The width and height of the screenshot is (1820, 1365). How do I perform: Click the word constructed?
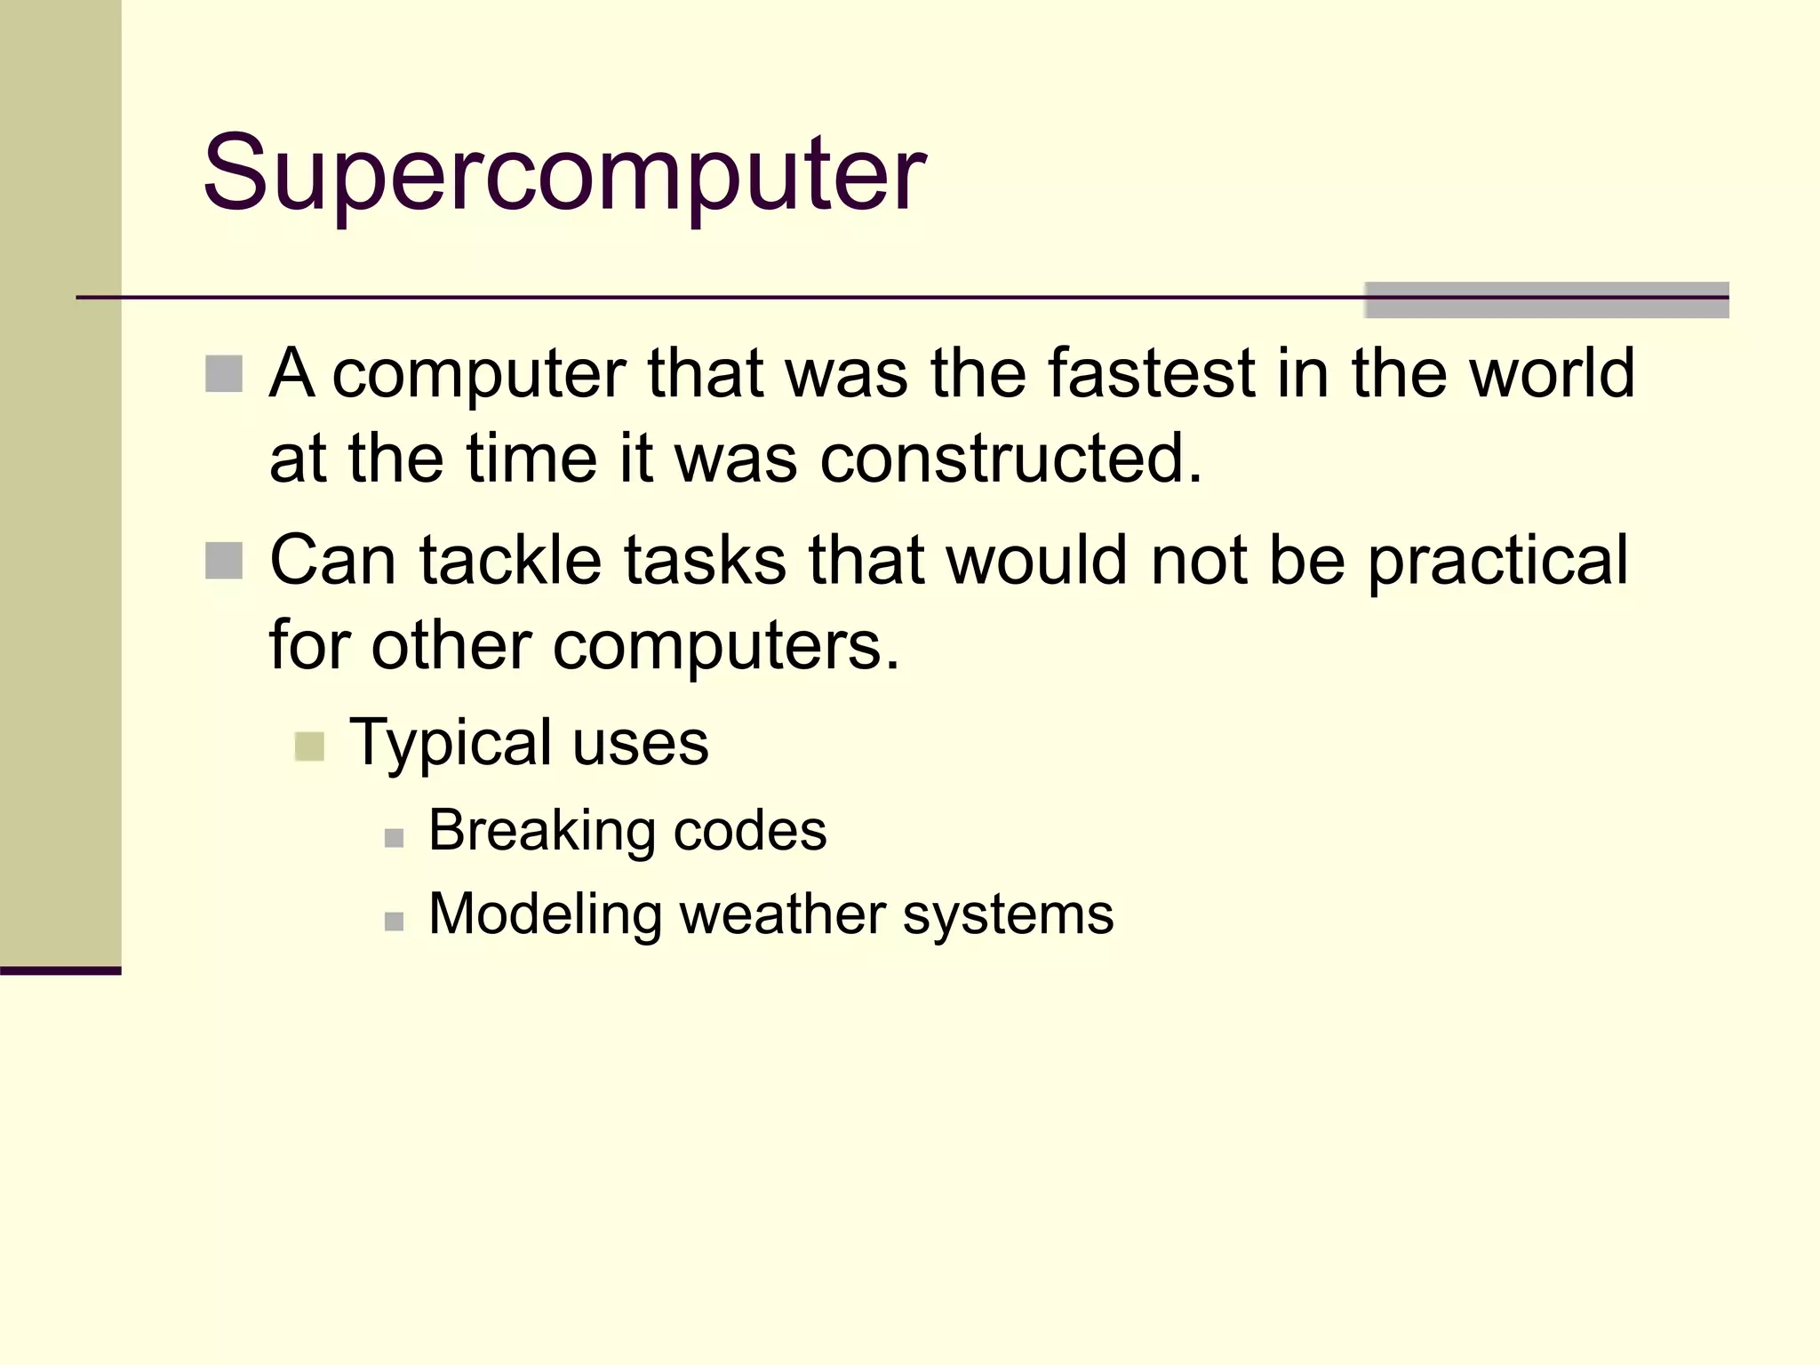tap(1010, 459)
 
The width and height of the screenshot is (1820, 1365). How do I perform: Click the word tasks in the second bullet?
tap(705, 561)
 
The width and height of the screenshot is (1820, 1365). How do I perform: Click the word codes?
tap(750, 831)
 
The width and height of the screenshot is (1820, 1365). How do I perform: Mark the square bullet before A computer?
tap(224, 374)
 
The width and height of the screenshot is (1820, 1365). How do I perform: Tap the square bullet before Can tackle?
tap(224, 561)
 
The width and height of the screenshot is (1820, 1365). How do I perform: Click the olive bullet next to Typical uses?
tap(309, 746)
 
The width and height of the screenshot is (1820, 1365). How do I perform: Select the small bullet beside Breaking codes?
tap(395, 838)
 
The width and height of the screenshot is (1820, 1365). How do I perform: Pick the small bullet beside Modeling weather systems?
tap(395, 922)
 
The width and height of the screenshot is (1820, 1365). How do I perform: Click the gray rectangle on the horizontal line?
tap(1546, 299)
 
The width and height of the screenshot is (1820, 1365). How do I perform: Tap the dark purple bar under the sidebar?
tap(60, 970)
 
